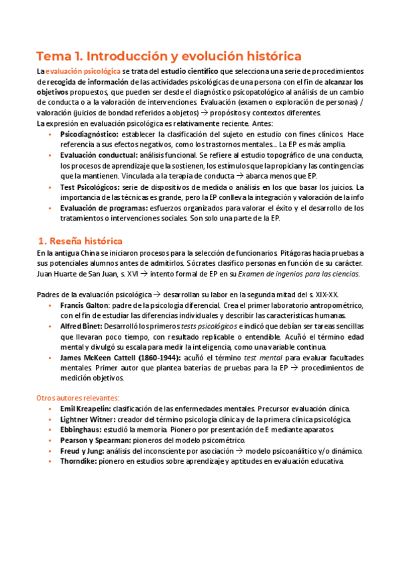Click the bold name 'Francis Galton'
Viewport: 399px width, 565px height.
87,304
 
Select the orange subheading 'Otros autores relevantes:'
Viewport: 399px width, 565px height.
77,398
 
